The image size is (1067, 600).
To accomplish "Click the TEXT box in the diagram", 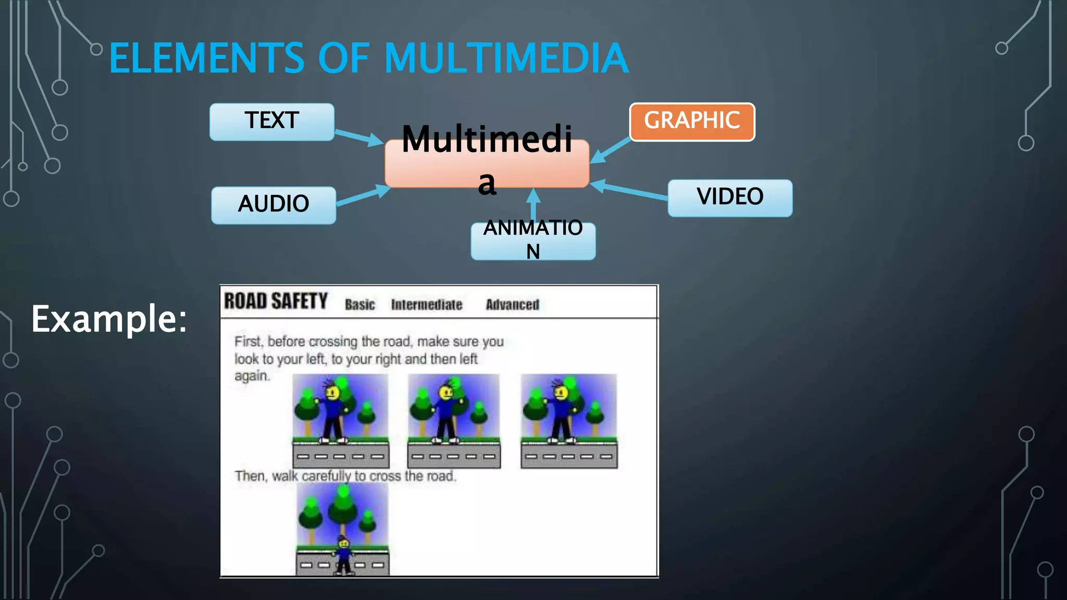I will point(271,121).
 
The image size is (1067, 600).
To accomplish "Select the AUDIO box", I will point(274,205).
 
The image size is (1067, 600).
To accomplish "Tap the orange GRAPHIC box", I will point(692,122).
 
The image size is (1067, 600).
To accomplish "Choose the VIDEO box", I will point(730,197).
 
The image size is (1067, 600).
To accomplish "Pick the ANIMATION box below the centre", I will point(533,241).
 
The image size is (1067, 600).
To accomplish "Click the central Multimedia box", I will point(487,162).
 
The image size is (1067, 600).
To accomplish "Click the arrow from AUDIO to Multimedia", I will point(363,196).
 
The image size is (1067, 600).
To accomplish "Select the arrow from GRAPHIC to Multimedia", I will point(611,151).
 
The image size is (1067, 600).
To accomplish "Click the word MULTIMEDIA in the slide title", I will point(506,58).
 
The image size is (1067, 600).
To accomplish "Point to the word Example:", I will point(109,319).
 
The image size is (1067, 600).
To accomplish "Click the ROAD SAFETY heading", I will point(276,301).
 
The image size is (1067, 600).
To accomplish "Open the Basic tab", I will point(359,305).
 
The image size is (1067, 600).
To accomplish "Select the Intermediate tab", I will point(427,305).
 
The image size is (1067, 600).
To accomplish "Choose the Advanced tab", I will point(512,305).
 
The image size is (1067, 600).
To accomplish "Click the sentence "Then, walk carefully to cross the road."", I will point(345,476).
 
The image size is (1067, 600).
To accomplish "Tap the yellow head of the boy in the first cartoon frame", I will point(332,392).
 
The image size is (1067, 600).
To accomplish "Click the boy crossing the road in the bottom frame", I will point(343,556).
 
